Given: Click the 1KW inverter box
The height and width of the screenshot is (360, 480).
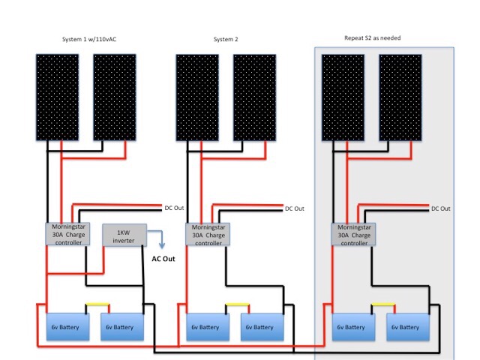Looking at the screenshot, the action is point(124,235).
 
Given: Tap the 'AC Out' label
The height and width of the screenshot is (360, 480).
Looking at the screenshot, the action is point(163,259).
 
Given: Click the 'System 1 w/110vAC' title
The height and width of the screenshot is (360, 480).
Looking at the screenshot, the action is point(89,39).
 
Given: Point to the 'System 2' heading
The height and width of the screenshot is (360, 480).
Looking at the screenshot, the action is point(226,39).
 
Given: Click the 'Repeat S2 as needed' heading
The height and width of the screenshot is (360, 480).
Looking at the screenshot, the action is point(373,38).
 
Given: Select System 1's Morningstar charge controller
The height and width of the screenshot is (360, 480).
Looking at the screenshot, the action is point(67,234).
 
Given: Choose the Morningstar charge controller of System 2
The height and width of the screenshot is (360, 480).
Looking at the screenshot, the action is point(208,235).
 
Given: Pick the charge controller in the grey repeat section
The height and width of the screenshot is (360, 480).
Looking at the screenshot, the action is point(353,235).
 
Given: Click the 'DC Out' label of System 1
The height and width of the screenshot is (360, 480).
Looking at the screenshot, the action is point(174,208).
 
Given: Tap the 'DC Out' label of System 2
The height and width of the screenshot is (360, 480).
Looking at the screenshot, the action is point(295,208).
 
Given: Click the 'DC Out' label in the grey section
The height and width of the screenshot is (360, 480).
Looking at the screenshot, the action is point(441,208).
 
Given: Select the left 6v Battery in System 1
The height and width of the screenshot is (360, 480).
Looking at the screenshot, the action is point(67,327).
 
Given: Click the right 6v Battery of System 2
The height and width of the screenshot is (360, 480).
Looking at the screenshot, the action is point(262,327).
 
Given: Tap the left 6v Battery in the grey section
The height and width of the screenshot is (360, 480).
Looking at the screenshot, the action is point(353,327).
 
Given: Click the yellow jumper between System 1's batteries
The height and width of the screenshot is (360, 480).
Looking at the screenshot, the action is point(97,304).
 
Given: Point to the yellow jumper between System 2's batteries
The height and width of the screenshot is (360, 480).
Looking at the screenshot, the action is point(237,304).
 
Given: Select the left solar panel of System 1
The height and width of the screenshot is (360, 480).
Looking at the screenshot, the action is point(57,97).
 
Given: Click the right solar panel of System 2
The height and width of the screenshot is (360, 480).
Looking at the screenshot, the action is point(255,97).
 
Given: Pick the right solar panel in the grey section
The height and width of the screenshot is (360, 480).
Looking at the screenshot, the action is point(400,97).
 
